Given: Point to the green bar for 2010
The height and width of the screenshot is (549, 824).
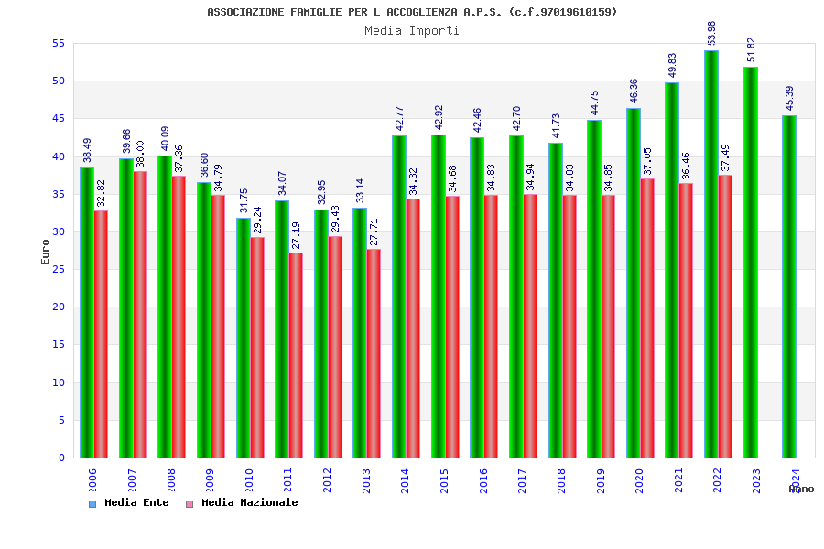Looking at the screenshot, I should pyautogui.click(x=243, y=338).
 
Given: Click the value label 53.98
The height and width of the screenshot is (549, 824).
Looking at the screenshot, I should pyautogui.click(x=712, y=33).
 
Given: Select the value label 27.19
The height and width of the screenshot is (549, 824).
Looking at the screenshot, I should pyautogui.click(x=296, y=235).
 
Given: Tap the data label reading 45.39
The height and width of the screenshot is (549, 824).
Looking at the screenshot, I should pyautogui.click(x=790, y=99).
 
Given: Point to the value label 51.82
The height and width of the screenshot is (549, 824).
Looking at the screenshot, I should pyautogui.click(x=751, y=49).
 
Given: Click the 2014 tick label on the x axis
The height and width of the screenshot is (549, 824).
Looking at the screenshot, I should pyautogui.click(x=406, y=480).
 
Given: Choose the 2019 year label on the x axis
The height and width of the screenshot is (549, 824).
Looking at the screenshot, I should pyautogui.click(x=601, y=480).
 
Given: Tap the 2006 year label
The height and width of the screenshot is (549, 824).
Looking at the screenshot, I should pyautogui.click(x=92, y=480).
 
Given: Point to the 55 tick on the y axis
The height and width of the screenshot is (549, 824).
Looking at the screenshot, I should pyautogui.click(x=58, y=43).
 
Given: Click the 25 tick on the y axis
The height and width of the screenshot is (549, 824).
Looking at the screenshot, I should pyautogui.click(x=58, y=269).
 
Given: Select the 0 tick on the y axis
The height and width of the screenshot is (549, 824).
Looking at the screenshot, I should pyautogui.click(x=61, y=457).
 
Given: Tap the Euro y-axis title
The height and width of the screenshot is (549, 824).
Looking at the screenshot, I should pyautogui.click(x=45, y=252).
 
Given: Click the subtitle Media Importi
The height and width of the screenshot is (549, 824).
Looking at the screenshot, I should pyautogui.click(x=412, y=30).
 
